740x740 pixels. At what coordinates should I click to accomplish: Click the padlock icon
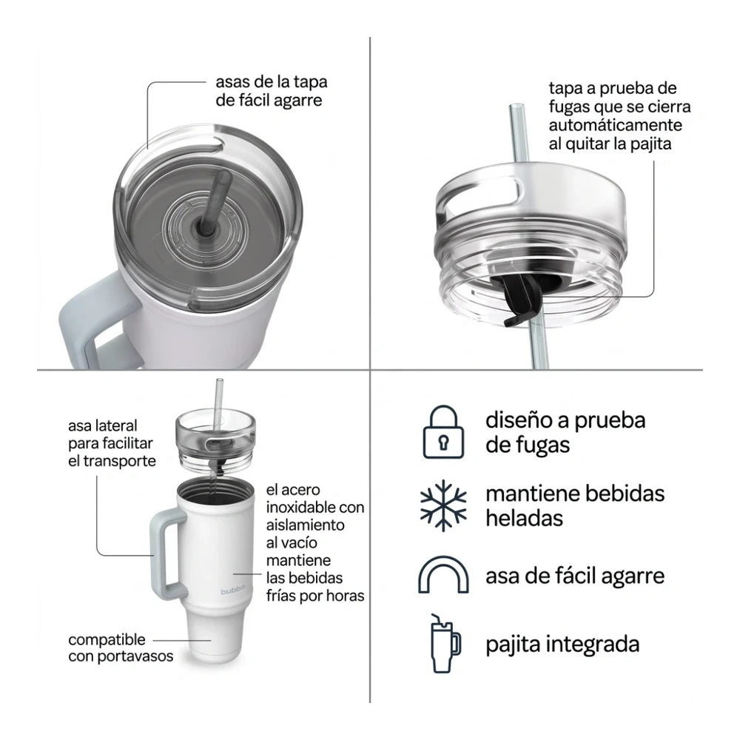pyautogui.click(x=443, y=432)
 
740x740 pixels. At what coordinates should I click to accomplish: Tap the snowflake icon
pyautogui.click(x=443, y=505)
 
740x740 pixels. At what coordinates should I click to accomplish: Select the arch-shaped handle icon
pyautogui.click(x=443, y=574)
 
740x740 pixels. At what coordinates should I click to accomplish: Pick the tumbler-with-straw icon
pyautogui.click(x=445, y=643)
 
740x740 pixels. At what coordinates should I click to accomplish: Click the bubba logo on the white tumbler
pyautogui.click(x=232, y=591)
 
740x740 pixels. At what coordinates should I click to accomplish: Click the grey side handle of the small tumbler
pyautogui.click(x=166, y=555)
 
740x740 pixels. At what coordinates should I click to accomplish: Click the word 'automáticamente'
pyautogui.click(x=616, y=125)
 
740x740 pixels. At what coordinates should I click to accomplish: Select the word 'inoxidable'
pyautogui.click(x=297, y=508)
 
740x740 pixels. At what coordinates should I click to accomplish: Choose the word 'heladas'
pyautogui.click(x=524, y=518)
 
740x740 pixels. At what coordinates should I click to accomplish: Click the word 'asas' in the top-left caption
pyautogui.click(x=232, y=81)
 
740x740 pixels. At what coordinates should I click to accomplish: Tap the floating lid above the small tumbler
pyautogui.click(x=215, y=439)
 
